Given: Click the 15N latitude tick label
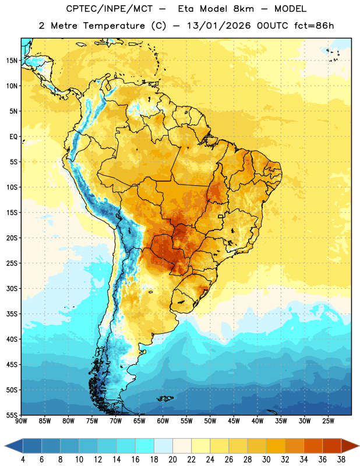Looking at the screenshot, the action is [x=12, y=61].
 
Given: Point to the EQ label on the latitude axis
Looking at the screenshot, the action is [x=13, y=137].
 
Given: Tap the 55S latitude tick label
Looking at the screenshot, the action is [x=12, y=415].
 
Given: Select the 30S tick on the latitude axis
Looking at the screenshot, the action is [x=12, y=288].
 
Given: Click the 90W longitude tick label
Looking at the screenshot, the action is [x=21, y=421].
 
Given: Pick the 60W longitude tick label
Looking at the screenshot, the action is [x=163, y=421].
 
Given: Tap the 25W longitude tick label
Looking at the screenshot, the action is [x=328, y=421].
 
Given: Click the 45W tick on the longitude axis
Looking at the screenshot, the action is [x=234, y=421].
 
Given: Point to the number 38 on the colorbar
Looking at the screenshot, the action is [x=341, y=460].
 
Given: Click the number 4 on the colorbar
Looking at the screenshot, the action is [x=23, y=460].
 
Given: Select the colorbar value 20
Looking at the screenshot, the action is [x=172, y=460].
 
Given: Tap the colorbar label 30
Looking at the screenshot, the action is [x=266, y=460].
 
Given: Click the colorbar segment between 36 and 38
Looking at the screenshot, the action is [x=332, y=446].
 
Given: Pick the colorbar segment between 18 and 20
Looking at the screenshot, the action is [x=163, y=446].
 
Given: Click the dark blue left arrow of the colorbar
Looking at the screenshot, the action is [x=13, y=446].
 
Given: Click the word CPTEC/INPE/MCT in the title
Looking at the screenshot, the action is [x=110, y=9].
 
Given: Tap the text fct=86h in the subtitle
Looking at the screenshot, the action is [x=314, y=26].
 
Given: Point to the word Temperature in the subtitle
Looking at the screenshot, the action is [x=114, y=26].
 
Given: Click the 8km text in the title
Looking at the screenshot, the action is [x=243, y=9].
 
